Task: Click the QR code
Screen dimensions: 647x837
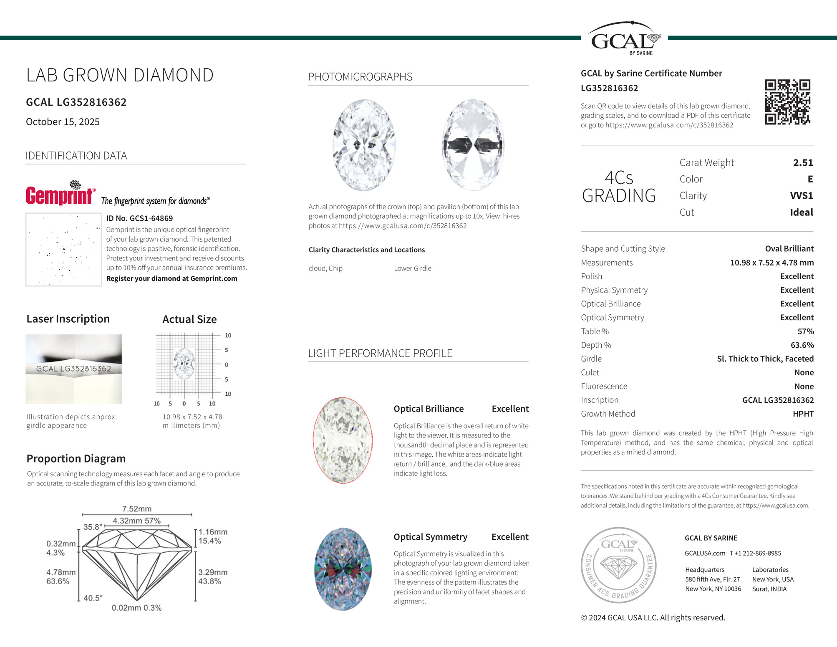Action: click(x=787, y=102)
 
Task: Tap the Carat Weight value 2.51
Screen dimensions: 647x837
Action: click(x=803, y=163)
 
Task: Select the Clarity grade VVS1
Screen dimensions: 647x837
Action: click(x=801, y=196)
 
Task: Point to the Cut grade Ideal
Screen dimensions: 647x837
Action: click(x=801, y=212)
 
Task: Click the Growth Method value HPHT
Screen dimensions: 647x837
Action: click(x=803, y=414)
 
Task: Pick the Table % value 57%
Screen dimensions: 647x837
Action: click(x=805, y=331)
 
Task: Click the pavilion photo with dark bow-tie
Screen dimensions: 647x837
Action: click(x=473, y=145)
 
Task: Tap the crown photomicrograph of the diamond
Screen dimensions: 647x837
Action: click(x=364, y=145)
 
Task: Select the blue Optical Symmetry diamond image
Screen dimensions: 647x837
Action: click(x=343, y=569)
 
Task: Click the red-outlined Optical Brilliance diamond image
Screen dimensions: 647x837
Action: click(x=343, y=440)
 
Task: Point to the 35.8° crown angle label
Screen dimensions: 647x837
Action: click(x=92, y=527)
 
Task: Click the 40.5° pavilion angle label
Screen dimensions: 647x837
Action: click(x=93, y=598)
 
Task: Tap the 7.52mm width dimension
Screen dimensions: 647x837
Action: click(x=137, y=509)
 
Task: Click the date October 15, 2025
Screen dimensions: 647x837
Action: click(x=63, y=122)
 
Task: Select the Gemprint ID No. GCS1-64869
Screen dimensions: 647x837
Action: click(x=139, y=218)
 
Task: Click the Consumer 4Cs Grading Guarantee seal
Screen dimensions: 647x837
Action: click(x=618, y=565)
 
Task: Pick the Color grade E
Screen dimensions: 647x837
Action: click(x=810, y=179)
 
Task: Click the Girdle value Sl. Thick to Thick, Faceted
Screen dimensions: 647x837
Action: click(x=765, y=359)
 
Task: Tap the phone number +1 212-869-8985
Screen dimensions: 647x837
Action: click(x=755, y=553)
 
